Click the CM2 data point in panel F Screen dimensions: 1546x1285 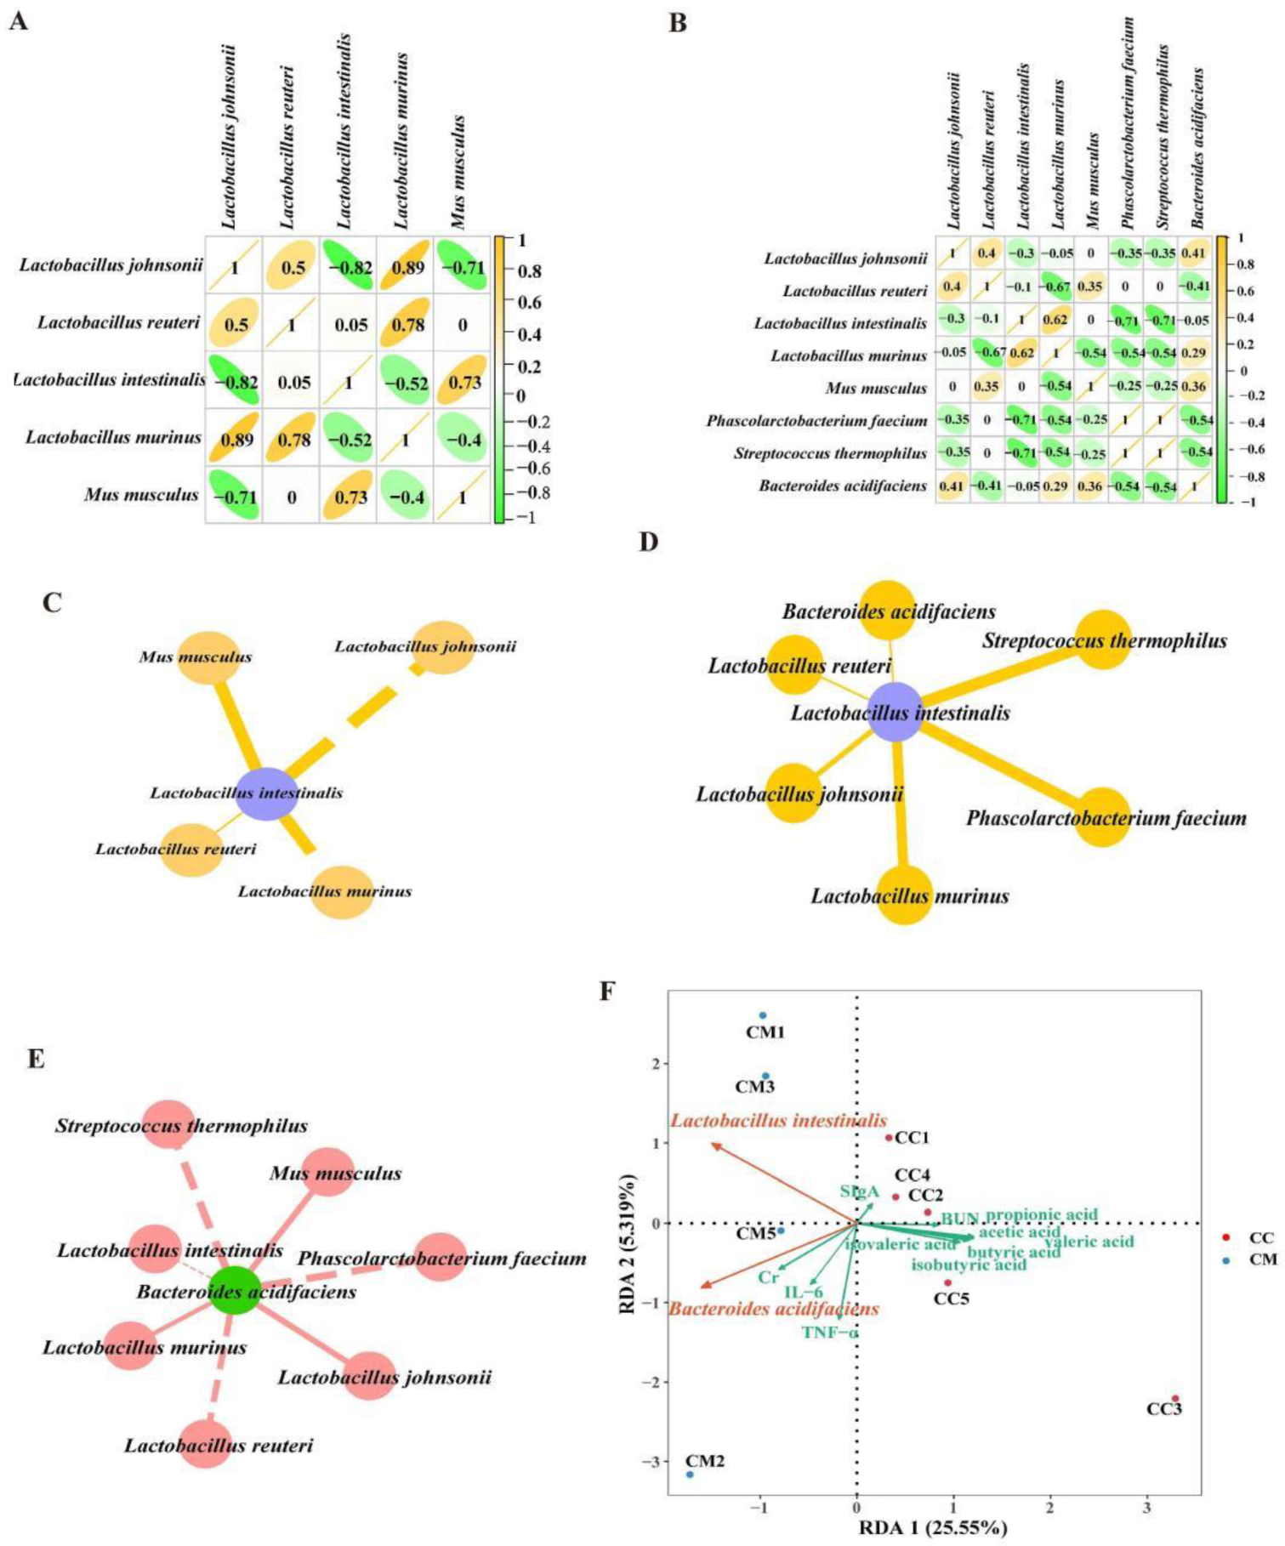point(690,1474)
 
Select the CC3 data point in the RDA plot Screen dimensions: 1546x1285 point(1175,1398)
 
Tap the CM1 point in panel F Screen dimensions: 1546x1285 point(763,1015)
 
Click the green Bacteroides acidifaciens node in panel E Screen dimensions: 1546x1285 point(235,1290)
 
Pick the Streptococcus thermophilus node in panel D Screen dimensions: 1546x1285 point(1103,639)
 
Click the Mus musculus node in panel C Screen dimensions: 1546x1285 point(208,657)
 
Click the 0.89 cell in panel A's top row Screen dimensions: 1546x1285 point(406,266)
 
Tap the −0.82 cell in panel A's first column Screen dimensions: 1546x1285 point(233,382)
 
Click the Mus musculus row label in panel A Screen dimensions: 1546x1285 point(141,494)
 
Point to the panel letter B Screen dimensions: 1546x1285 point(678,23)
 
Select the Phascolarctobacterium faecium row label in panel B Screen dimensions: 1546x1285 point(816,421)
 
